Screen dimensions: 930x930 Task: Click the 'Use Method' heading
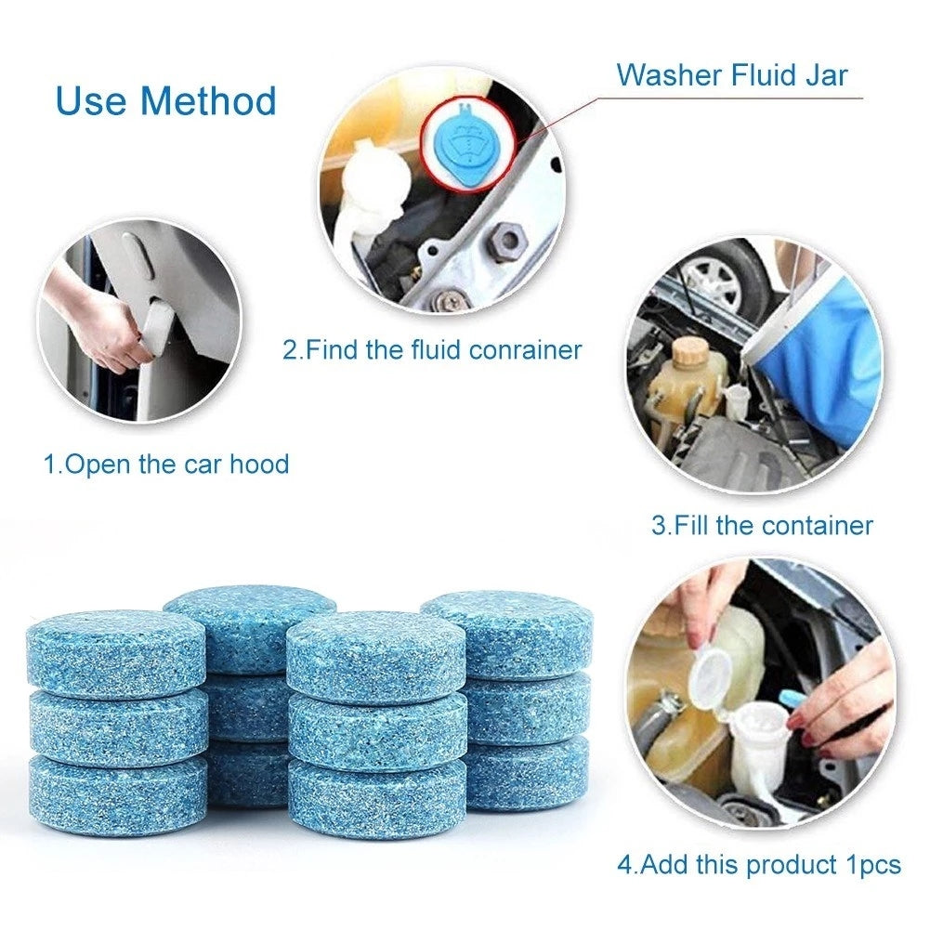coord(166,100)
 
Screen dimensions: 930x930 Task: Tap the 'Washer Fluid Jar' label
coord(732,74)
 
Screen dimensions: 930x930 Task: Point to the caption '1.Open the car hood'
coord(167,464)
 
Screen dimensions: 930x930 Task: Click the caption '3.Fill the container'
coord(762,526)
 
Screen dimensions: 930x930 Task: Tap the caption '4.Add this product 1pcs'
coord(759,865)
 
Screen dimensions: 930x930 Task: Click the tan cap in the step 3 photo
coord(690,352)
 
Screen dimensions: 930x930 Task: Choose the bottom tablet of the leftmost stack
coord(116,794)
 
